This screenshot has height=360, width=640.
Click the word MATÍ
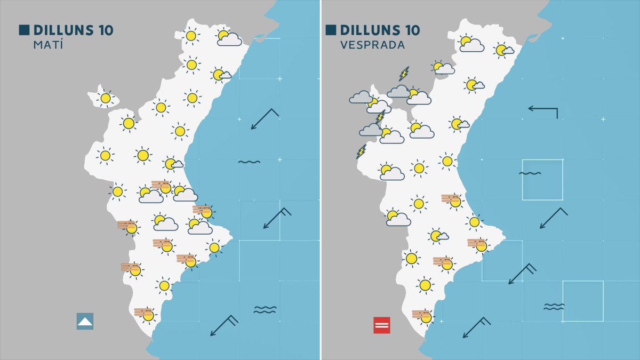click(48, 45)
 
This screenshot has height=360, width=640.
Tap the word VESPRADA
click(372, 45)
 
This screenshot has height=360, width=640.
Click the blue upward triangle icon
click(85, 321)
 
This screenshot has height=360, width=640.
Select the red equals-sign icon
click(382, 325)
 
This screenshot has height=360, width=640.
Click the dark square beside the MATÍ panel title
click(24, 30)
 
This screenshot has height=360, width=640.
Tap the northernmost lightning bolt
click(404, 73)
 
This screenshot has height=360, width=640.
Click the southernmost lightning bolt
click(362, 151)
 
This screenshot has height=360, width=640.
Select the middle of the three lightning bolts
click(380, 116)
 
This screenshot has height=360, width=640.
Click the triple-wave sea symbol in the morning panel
click(265, 309)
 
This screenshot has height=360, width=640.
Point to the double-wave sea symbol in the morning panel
click(249, 162)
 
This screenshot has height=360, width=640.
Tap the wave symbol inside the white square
click(530, 173)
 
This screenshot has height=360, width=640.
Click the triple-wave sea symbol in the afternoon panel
click(554, 307)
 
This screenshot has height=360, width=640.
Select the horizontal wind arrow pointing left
click(542, 110)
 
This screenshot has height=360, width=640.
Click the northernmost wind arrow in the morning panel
click(265, 118)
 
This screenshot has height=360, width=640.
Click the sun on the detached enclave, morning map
click(106, 98)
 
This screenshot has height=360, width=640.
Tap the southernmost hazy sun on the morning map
click(146, 314)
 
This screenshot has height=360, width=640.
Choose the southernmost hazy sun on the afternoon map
click(423, 316)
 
